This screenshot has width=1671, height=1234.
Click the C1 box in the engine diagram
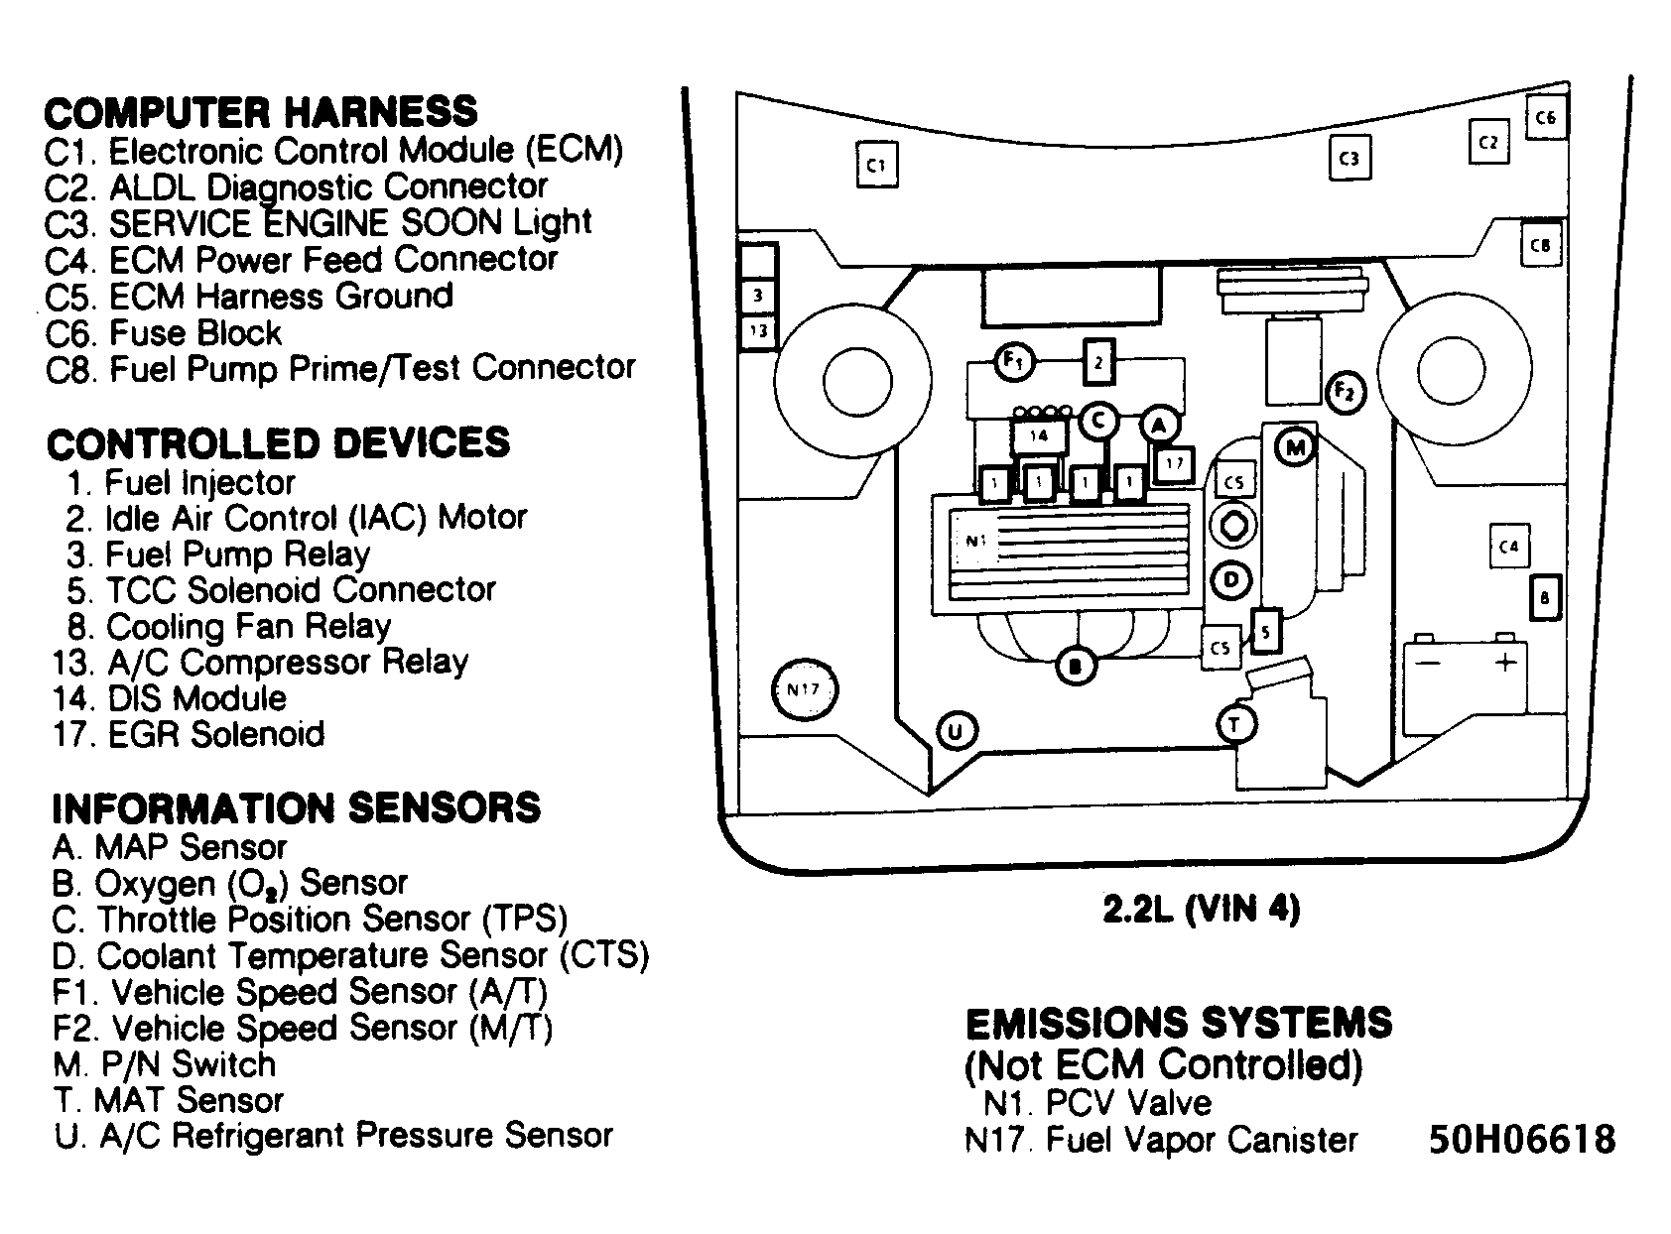[877, 165]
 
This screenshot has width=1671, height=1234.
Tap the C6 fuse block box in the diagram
[1546, 117]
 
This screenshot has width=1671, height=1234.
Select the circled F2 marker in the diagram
[1345, 393]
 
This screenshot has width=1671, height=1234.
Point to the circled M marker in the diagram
[1295, 448]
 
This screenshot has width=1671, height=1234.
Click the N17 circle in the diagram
[805, 689]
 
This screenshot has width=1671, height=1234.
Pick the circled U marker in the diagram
[956, 731]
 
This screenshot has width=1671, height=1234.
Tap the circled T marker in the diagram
[1235, 725]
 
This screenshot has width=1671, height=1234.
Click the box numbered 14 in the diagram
[1039, 436]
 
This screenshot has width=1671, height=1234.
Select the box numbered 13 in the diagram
[759, 330]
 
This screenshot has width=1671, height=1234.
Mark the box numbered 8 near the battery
[1544, 598]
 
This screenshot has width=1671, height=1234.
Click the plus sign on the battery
[1505, 662]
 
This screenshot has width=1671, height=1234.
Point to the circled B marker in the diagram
[1076, 666]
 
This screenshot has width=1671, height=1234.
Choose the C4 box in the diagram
[1509, 547]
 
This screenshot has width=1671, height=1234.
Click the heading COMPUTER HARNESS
[261, 112]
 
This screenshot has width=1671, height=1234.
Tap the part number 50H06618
[1522, 1140]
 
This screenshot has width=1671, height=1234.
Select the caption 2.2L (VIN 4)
[1202, 910]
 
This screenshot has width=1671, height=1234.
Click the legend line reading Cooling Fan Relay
[229, 627]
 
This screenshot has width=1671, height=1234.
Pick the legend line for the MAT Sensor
[169, 1100]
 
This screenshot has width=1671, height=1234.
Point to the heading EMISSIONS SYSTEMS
[1179, 1023]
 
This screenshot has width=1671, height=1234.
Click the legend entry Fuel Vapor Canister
[1161, 1140]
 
